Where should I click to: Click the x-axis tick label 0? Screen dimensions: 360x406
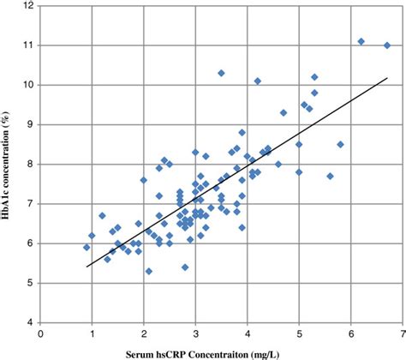coord(40,334)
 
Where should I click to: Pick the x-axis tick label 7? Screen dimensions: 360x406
coord(402,334)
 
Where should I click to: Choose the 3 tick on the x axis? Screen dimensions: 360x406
coord(195,334)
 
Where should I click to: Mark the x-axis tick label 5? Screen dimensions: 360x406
coord(299,334)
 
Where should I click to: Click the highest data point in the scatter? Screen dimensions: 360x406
coord(361,41)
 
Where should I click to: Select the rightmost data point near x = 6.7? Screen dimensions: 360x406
coord(386,45)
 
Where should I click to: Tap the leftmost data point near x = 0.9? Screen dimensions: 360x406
coord(87,247)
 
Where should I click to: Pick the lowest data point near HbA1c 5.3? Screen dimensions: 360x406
coord(149,271)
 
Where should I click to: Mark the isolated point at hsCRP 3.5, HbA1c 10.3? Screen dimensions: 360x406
coord(221,73)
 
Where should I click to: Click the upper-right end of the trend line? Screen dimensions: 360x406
coord(387,78)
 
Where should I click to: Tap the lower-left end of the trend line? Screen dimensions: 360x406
coord(87,267)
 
